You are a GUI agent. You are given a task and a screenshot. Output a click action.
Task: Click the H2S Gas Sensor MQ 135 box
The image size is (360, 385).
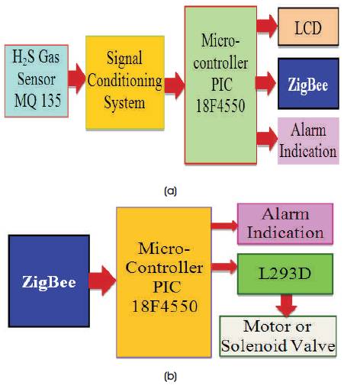pos(37,81)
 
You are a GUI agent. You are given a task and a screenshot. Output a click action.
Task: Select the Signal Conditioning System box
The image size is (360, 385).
pos(125,82)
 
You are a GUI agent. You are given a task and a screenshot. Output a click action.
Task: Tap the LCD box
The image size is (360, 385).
pos(308,27)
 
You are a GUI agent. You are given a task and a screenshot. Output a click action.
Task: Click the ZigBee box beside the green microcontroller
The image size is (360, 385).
pos(308,84)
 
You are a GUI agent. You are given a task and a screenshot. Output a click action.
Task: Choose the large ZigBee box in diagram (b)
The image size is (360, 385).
pos(49,281)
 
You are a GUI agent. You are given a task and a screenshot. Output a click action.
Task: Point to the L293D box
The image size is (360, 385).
pos(285,274)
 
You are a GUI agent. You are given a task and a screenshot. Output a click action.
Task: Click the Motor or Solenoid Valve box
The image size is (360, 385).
pos(278,336)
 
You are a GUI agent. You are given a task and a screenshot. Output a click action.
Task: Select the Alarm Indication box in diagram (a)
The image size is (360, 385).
pos(308,140)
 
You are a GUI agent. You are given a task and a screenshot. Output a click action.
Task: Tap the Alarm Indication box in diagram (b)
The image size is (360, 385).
pos(285,223)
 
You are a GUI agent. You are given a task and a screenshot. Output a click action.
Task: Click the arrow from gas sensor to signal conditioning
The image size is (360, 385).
pos(77,79)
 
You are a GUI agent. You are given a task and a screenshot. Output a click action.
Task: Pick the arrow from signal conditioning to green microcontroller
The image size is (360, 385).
pos(175,85)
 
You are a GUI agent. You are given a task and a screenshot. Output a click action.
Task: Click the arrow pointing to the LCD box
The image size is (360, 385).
pos(267,26)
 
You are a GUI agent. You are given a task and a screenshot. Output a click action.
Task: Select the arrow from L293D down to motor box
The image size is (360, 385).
pos(287,305)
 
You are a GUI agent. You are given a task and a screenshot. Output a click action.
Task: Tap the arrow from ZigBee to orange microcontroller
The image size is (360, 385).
pos(103,281)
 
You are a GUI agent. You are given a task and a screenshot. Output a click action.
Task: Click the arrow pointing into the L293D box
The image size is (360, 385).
pos(224,267)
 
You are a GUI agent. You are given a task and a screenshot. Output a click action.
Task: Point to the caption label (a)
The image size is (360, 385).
pos(170,191)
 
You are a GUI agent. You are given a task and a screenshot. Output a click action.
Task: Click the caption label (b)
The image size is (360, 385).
pos(170,376)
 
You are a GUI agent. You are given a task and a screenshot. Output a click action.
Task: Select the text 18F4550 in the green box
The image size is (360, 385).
pos(220,106)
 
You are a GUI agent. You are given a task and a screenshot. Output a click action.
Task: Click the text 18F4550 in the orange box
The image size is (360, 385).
pos(165,306)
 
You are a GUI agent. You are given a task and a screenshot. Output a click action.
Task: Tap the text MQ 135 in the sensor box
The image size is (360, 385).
pos(37,100)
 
